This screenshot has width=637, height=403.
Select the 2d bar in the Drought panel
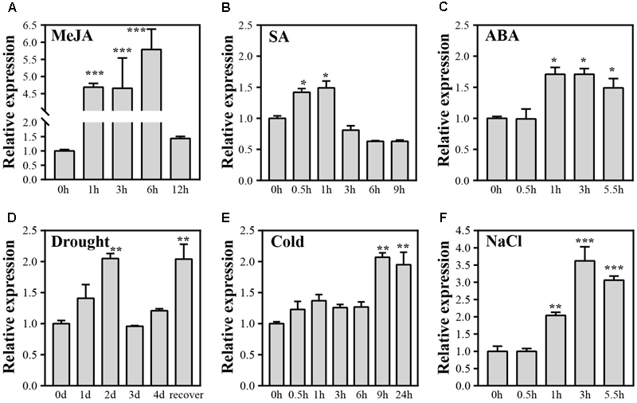111,322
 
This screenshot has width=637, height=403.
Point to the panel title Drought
84,242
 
